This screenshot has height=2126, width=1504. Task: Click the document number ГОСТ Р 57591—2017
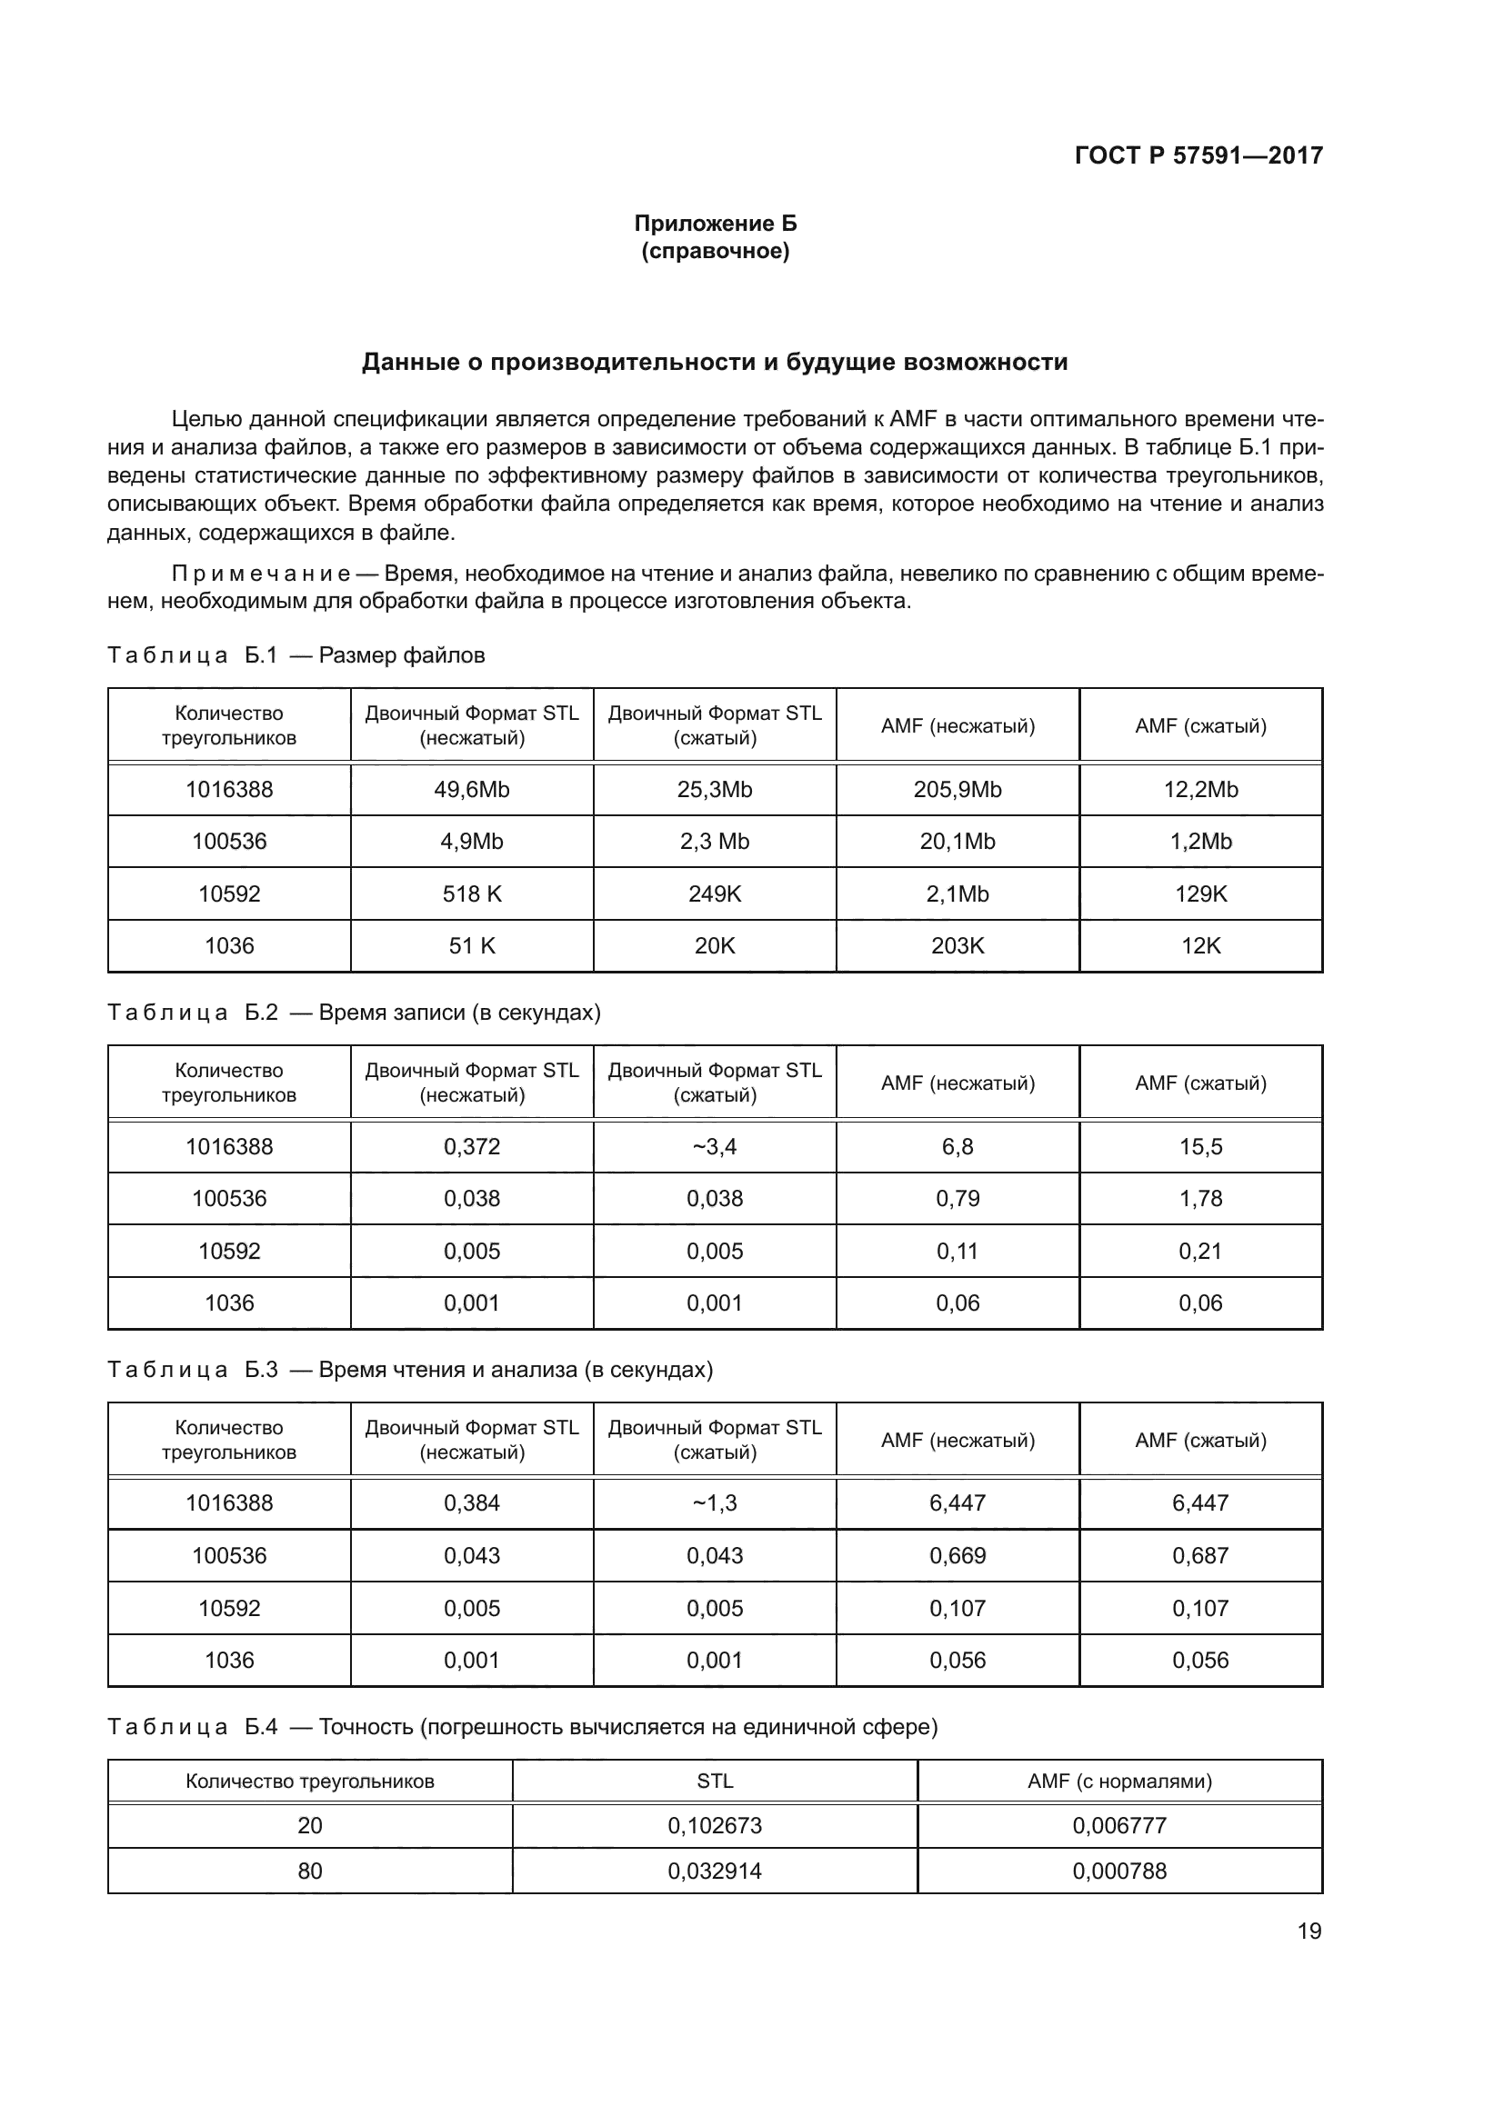click(x=1198, y=155)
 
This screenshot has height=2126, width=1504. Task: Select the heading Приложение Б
click(x=715, y=224)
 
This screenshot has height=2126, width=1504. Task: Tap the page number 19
click(x=1308, y=1931)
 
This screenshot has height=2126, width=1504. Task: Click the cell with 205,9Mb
click(x=957, y=790)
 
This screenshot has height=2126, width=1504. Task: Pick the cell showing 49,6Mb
click(x=471, y=790)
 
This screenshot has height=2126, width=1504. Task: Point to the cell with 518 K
click(x=471, y=893)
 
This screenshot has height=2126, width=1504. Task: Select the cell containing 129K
click(x=1200, y=893)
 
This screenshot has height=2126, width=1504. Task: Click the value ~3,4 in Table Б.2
click(x=714, y=1146)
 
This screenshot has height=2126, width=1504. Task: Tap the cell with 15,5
click(x=1200, y=1146)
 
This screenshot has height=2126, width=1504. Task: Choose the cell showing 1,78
click(x=1200, y=1198)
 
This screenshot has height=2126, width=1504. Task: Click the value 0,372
click(x=471, y=1146)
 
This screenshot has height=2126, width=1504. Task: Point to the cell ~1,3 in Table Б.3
click(x=714, y=1502)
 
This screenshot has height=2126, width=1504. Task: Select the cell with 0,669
click(x=957, y=1555)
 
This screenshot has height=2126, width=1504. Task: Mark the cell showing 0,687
click(x=1200, y=1555)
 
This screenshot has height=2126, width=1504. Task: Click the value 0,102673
click(x=714, y=1826)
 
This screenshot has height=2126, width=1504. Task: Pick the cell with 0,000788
click(x=1118, y=1871)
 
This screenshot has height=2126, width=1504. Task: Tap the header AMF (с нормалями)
click(x=1118, y=1781)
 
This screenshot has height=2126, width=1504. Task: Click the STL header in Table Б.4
click(x=714, y=1781)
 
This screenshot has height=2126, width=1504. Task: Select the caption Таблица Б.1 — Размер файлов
click(x=296, y=655)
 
